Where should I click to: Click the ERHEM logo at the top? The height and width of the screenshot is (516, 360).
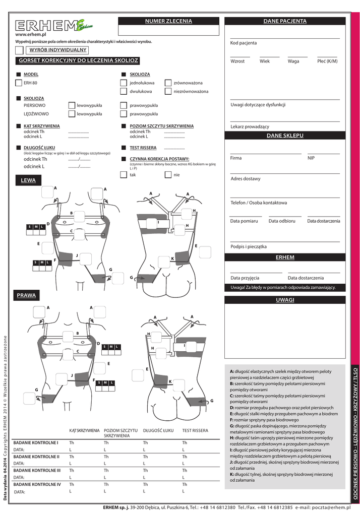53,25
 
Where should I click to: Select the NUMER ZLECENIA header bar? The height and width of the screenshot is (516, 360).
168,21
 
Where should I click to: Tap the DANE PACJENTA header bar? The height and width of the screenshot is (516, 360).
284,21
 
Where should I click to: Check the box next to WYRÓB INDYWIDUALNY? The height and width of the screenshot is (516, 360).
19,50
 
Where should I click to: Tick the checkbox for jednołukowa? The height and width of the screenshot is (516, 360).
124,83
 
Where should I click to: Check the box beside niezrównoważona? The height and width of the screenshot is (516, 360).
168,92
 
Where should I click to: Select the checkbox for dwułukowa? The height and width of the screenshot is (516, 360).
124,92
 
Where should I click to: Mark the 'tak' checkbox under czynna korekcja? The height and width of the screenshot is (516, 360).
124,175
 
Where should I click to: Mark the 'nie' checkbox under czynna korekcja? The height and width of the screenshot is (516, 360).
168,175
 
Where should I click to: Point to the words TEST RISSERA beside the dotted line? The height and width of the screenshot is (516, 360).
143,148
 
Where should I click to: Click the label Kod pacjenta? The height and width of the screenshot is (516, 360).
244,43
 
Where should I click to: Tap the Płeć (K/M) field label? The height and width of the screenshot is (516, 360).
327,61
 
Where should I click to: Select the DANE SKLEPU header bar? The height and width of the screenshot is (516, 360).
284,136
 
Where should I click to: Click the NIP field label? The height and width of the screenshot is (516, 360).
311,158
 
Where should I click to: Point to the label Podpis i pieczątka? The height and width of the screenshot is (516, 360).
249,247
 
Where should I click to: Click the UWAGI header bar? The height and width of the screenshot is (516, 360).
284,300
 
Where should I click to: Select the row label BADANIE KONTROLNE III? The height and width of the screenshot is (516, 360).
37,470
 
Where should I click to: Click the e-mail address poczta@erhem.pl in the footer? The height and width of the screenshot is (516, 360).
330,507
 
